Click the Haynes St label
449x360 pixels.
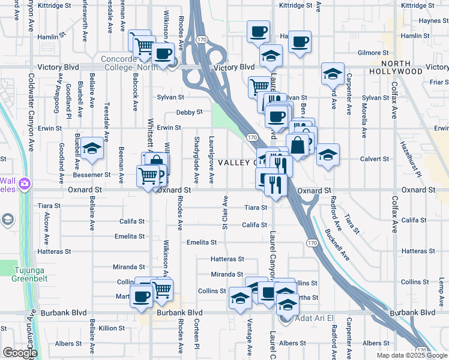429,20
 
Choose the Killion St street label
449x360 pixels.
112,328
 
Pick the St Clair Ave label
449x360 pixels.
225,212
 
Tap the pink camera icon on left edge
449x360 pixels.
24,184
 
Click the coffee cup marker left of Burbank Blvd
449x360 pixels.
142,296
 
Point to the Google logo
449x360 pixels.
20,353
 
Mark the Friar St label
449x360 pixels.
440,82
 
